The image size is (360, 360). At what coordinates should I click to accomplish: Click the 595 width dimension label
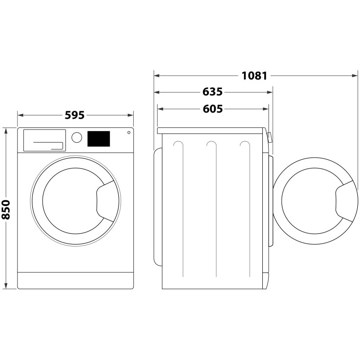coord(75,115)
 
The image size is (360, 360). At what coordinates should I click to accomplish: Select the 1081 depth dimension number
coord(254,76)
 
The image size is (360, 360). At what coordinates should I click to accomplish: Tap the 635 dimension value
coord(212,92)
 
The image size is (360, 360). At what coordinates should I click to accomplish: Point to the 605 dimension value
coord(212,109)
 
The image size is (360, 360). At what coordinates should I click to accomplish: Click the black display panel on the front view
coord(99,139)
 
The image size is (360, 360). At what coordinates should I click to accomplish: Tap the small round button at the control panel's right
coord(129,132)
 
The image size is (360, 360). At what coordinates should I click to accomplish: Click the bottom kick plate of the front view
coord(76,280)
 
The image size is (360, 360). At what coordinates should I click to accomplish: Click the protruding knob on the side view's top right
coord(269,137)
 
